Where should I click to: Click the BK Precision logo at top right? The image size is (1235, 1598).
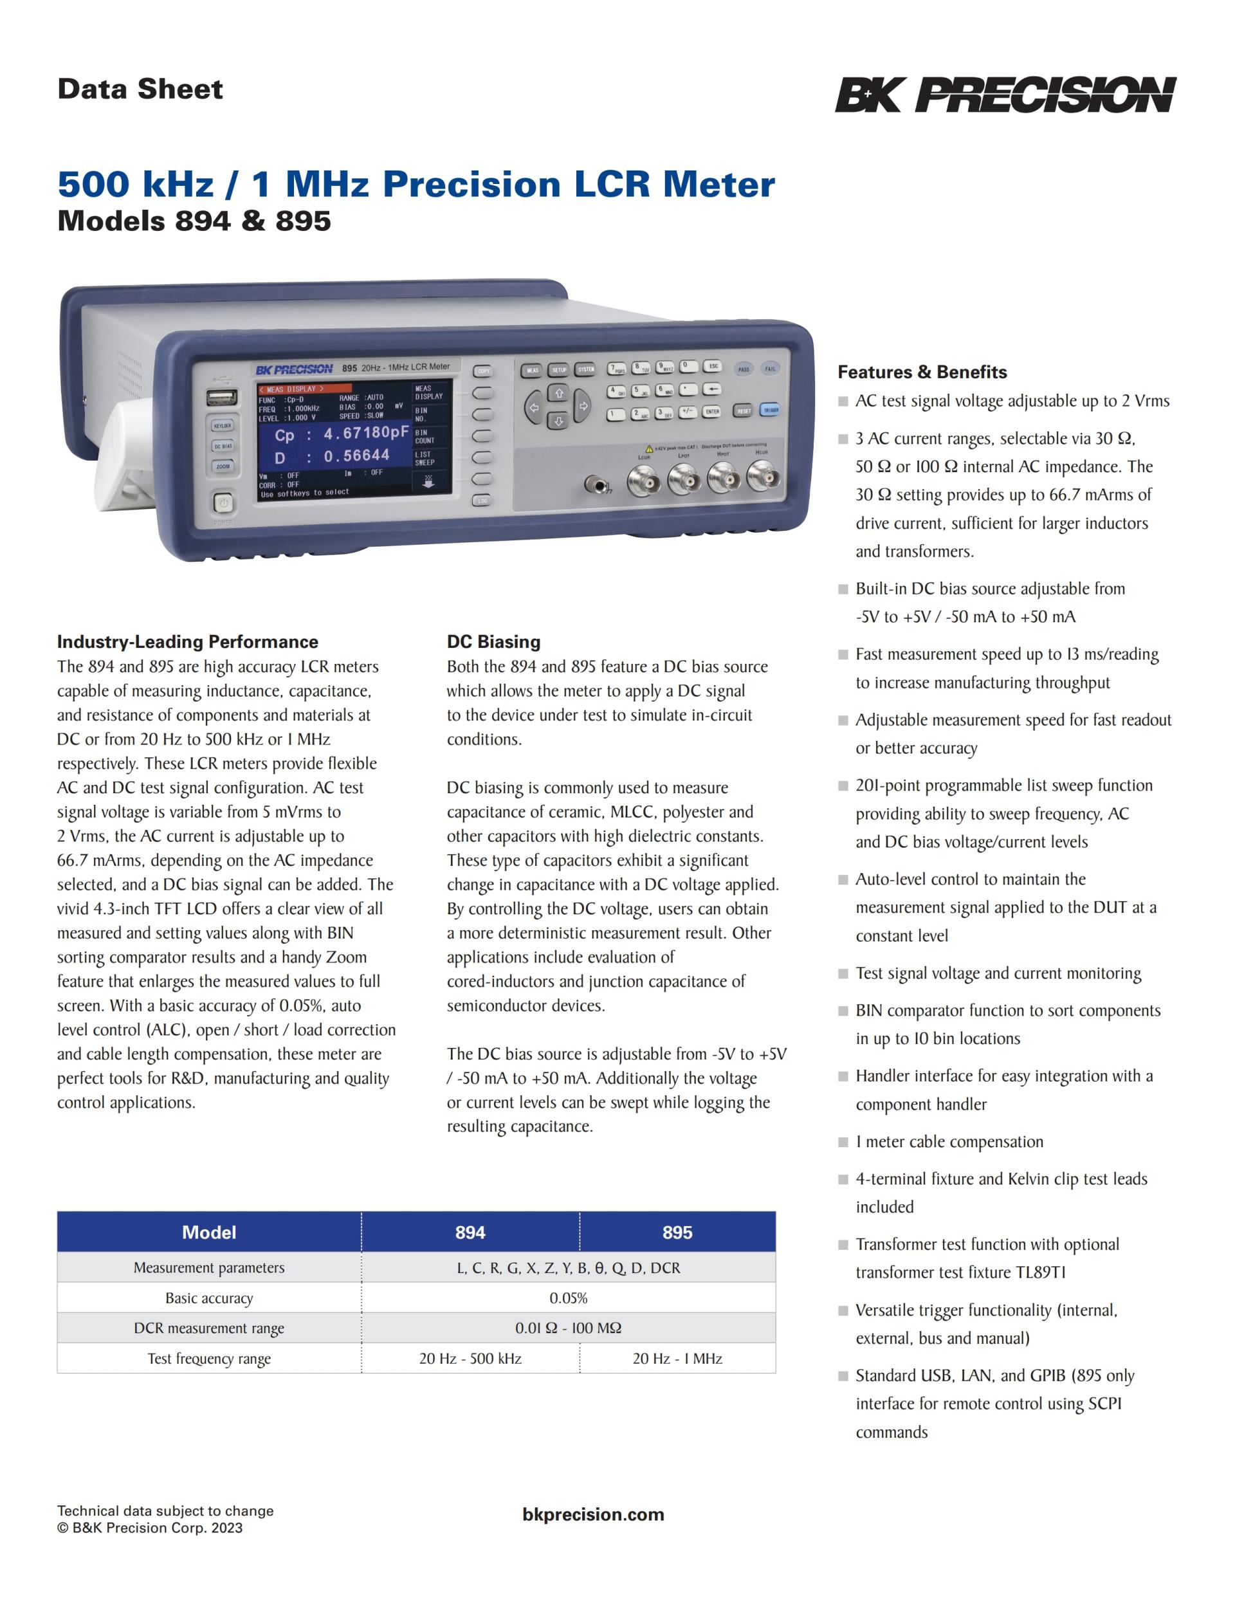tap(1005, 95)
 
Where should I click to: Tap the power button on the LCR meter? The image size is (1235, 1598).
tap(223, 504)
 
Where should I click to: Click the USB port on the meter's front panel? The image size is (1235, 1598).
tap(223, 398)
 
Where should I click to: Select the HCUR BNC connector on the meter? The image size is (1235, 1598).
tap(763, 478)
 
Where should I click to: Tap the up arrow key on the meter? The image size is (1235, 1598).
tap(559, 394)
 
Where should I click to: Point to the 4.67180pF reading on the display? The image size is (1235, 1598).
tap(367, 432)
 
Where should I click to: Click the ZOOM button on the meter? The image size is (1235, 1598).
tap(223, 466)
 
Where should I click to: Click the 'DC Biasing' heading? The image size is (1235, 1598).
tap(494, 641)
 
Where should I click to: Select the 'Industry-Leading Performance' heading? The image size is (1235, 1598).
tap(188, 641)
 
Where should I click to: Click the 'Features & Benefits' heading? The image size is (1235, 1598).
tap(922, 372)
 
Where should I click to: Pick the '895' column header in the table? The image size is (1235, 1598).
tap(677, 1233)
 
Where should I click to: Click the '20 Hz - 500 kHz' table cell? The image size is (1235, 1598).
tap(470, 1359)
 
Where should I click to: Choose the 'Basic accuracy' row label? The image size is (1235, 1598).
tap(209, 1299)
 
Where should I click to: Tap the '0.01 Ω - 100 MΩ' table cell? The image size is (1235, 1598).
tap(569, 1328)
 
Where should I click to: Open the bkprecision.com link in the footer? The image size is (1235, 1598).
tap(593, 1514)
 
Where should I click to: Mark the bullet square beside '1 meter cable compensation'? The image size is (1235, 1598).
tap(843, 1142)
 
